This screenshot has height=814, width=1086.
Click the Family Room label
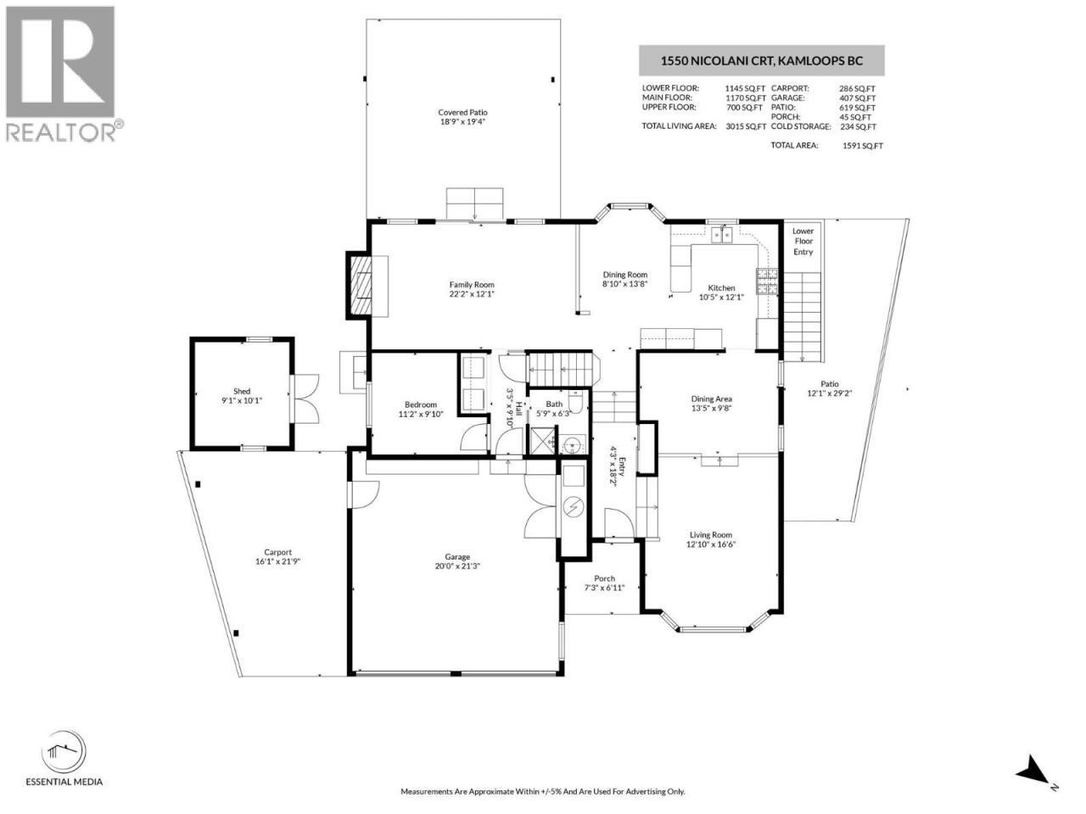point(472,285)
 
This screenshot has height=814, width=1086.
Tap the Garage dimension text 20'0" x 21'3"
point(457,566)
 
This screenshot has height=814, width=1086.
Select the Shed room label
point(242,391)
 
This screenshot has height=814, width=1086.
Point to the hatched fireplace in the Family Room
point(361,285)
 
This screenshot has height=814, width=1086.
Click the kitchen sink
point(722,235)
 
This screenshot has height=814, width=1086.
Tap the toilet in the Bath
point(576,402)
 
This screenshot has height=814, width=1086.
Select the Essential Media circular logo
point(64,752)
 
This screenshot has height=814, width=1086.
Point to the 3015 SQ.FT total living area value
point(746,126)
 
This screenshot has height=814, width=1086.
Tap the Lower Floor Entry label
point(803,242)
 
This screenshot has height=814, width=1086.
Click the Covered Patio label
point(462,112)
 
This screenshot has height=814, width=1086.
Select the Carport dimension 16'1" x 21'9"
point(278,561)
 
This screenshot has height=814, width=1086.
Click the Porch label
point(605,578)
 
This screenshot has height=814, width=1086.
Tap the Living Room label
point(711,535)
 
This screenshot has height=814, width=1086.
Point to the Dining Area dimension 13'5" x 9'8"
point(712,408)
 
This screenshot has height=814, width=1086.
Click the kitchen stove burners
point(767,282)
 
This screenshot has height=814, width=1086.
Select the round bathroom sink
point(574,443)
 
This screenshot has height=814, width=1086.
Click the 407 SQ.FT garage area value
point(857,98)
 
